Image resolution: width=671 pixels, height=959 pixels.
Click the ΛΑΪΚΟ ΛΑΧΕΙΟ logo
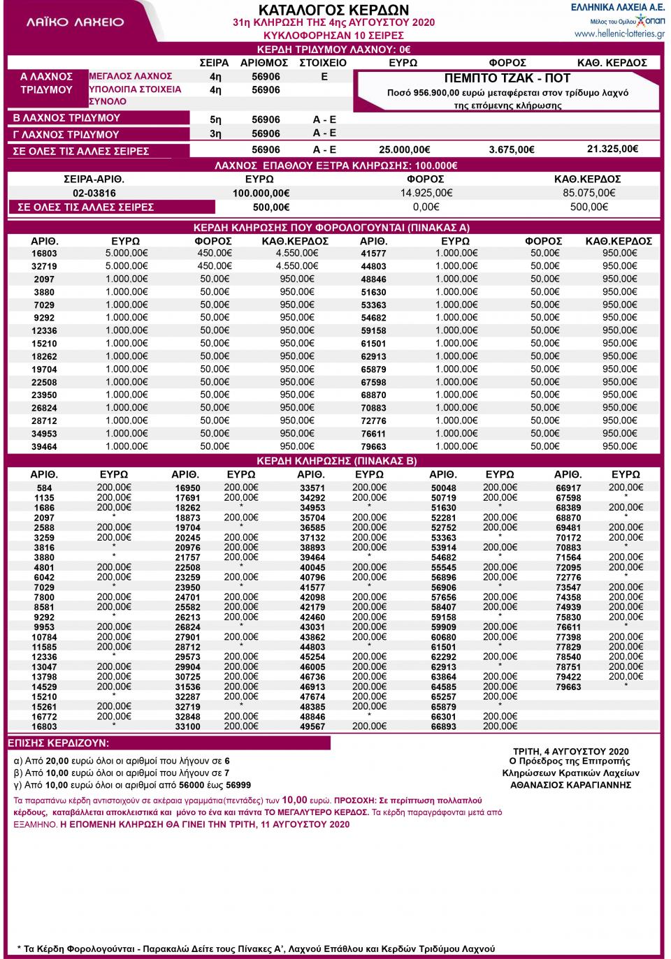pos(75,22)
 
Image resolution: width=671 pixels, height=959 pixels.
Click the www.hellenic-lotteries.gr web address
pos(619,34)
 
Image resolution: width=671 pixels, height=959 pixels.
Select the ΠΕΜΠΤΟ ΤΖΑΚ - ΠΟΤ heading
pos(507,78)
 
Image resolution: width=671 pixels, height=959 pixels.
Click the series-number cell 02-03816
pos(94,193)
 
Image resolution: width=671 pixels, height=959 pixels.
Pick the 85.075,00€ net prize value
pos(589,193)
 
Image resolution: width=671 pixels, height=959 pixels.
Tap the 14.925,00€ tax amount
pos(426,193)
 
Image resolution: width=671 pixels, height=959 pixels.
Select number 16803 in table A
pos(44,254)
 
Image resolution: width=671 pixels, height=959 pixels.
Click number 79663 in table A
pos(373,447)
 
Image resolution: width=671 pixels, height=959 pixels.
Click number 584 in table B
pos(45,488)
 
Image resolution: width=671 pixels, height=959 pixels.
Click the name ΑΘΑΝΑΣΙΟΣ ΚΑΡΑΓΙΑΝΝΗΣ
pos(570,784)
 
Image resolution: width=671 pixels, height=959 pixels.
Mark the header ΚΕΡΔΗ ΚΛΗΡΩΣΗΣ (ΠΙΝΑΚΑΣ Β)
pos(336,461)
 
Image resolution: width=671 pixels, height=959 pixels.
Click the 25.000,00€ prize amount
pos(404,149)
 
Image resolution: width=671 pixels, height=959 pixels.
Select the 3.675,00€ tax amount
pos(512,149)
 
